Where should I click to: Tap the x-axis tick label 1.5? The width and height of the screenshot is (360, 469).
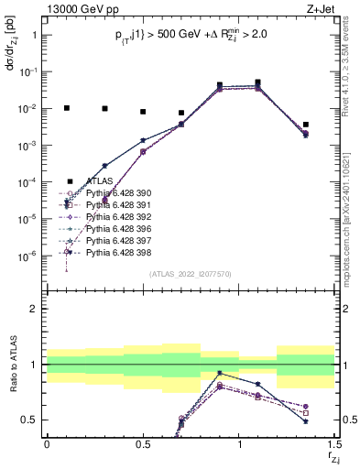pyautogui.click(x=333, y=444)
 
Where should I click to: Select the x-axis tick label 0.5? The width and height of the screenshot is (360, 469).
pyautogui.click(x=143, y=444)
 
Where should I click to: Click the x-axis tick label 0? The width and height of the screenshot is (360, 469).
pyautogui.click(x=47, y=444)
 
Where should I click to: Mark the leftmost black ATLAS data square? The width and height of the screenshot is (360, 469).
pyautogui.click(x=66, y=108)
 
